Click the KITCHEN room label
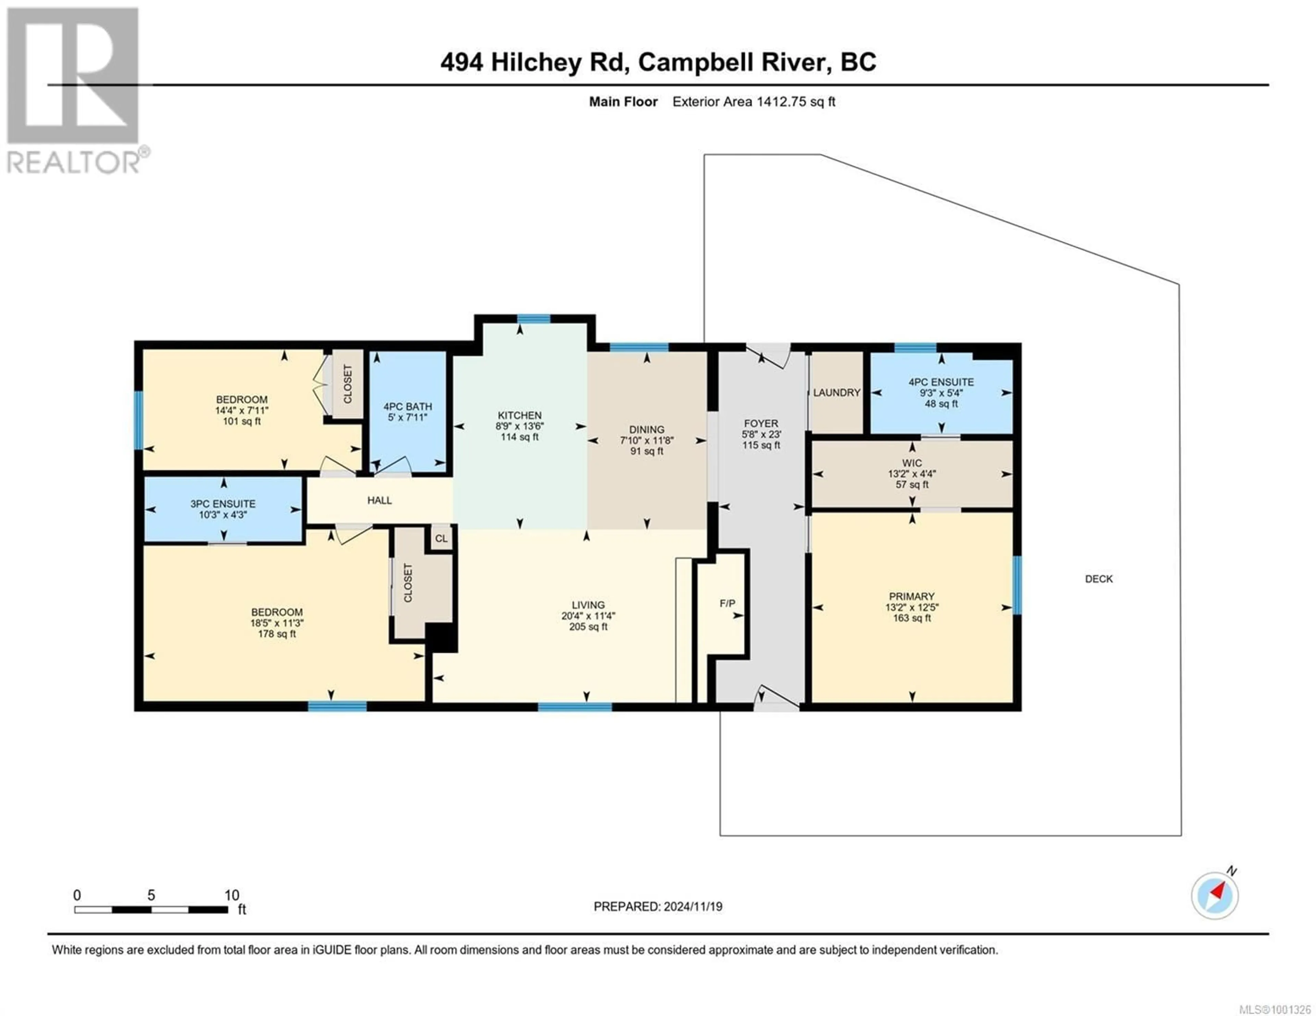coord(520,416)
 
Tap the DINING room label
coord(647,429)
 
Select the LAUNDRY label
coord(836,393)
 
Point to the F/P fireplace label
coord(727,603)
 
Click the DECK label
coord(1098,579)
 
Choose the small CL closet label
coord(441,538)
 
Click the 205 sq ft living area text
coord(588,627)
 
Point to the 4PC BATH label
coord(408,406)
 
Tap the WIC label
coord(912,463)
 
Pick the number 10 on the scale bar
coord(232,895)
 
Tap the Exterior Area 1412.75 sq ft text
coord(754,102)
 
